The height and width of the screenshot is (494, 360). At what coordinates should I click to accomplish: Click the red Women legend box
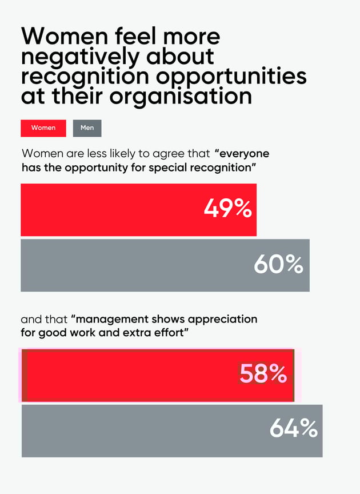pos(43,128)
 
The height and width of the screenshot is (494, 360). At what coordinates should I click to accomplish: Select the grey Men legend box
pos(87,128)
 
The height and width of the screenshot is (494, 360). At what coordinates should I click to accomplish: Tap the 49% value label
pos(227,209)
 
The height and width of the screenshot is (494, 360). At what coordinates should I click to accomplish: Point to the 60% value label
pos(278,264)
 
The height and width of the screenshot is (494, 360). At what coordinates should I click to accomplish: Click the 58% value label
pos(263,374)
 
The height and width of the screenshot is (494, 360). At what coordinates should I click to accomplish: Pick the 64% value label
pos(293,428)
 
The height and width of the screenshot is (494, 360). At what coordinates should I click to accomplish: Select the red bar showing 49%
pos(114,209)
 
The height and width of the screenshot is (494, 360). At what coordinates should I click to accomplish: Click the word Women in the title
pos(63,36)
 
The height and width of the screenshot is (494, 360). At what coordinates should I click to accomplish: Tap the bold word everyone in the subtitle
pos(244,154)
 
